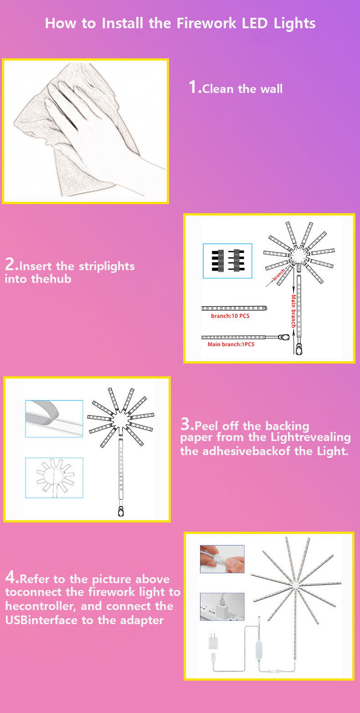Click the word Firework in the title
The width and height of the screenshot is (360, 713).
(206, 23)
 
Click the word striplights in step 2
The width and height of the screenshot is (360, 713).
(107, 266)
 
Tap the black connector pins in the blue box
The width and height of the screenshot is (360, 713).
(227, 261)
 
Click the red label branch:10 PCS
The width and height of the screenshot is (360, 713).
(230, 316)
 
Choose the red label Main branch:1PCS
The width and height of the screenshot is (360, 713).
(231, 344)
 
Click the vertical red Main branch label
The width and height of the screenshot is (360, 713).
(293, 311)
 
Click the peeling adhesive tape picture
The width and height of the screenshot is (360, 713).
(54, 419)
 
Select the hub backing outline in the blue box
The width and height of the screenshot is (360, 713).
(54, 478)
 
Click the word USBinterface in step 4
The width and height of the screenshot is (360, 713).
(42, 620)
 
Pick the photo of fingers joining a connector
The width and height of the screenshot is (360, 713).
(222, 559)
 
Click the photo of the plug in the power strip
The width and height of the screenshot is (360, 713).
(222, 606)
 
